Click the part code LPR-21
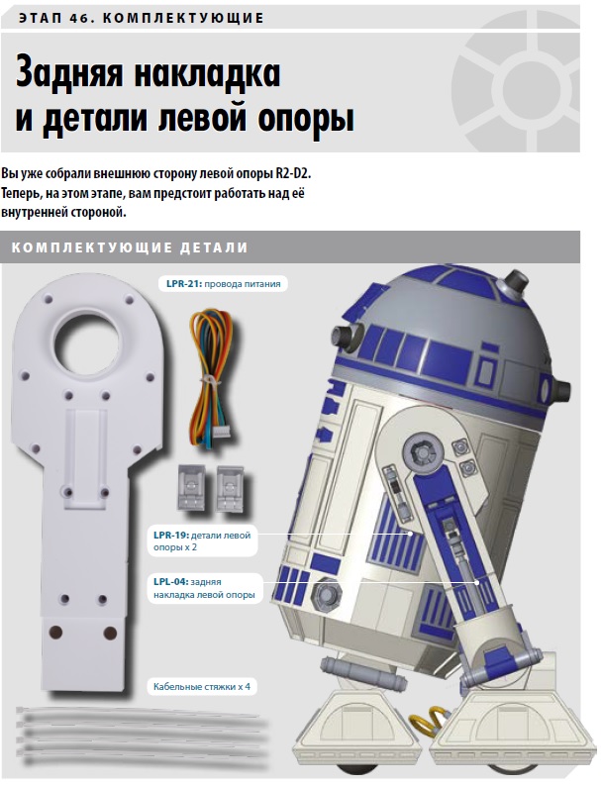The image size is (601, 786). click(184, 284)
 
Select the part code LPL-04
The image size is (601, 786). click(171, 582)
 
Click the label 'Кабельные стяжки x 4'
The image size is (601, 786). click(202, 687)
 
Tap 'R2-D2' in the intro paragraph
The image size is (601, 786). click(293, 174)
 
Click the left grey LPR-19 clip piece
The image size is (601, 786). click(191, 487)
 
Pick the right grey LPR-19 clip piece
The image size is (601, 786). click(230, 490)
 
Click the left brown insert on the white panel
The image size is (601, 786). click(55, 633)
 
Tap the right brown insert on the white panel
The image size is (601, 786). click(110, 634)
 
